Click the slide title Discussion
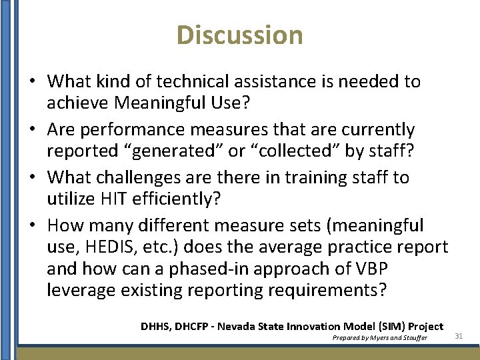click(x=240, y=35)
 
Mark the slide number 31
click(x=459, y=336)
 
